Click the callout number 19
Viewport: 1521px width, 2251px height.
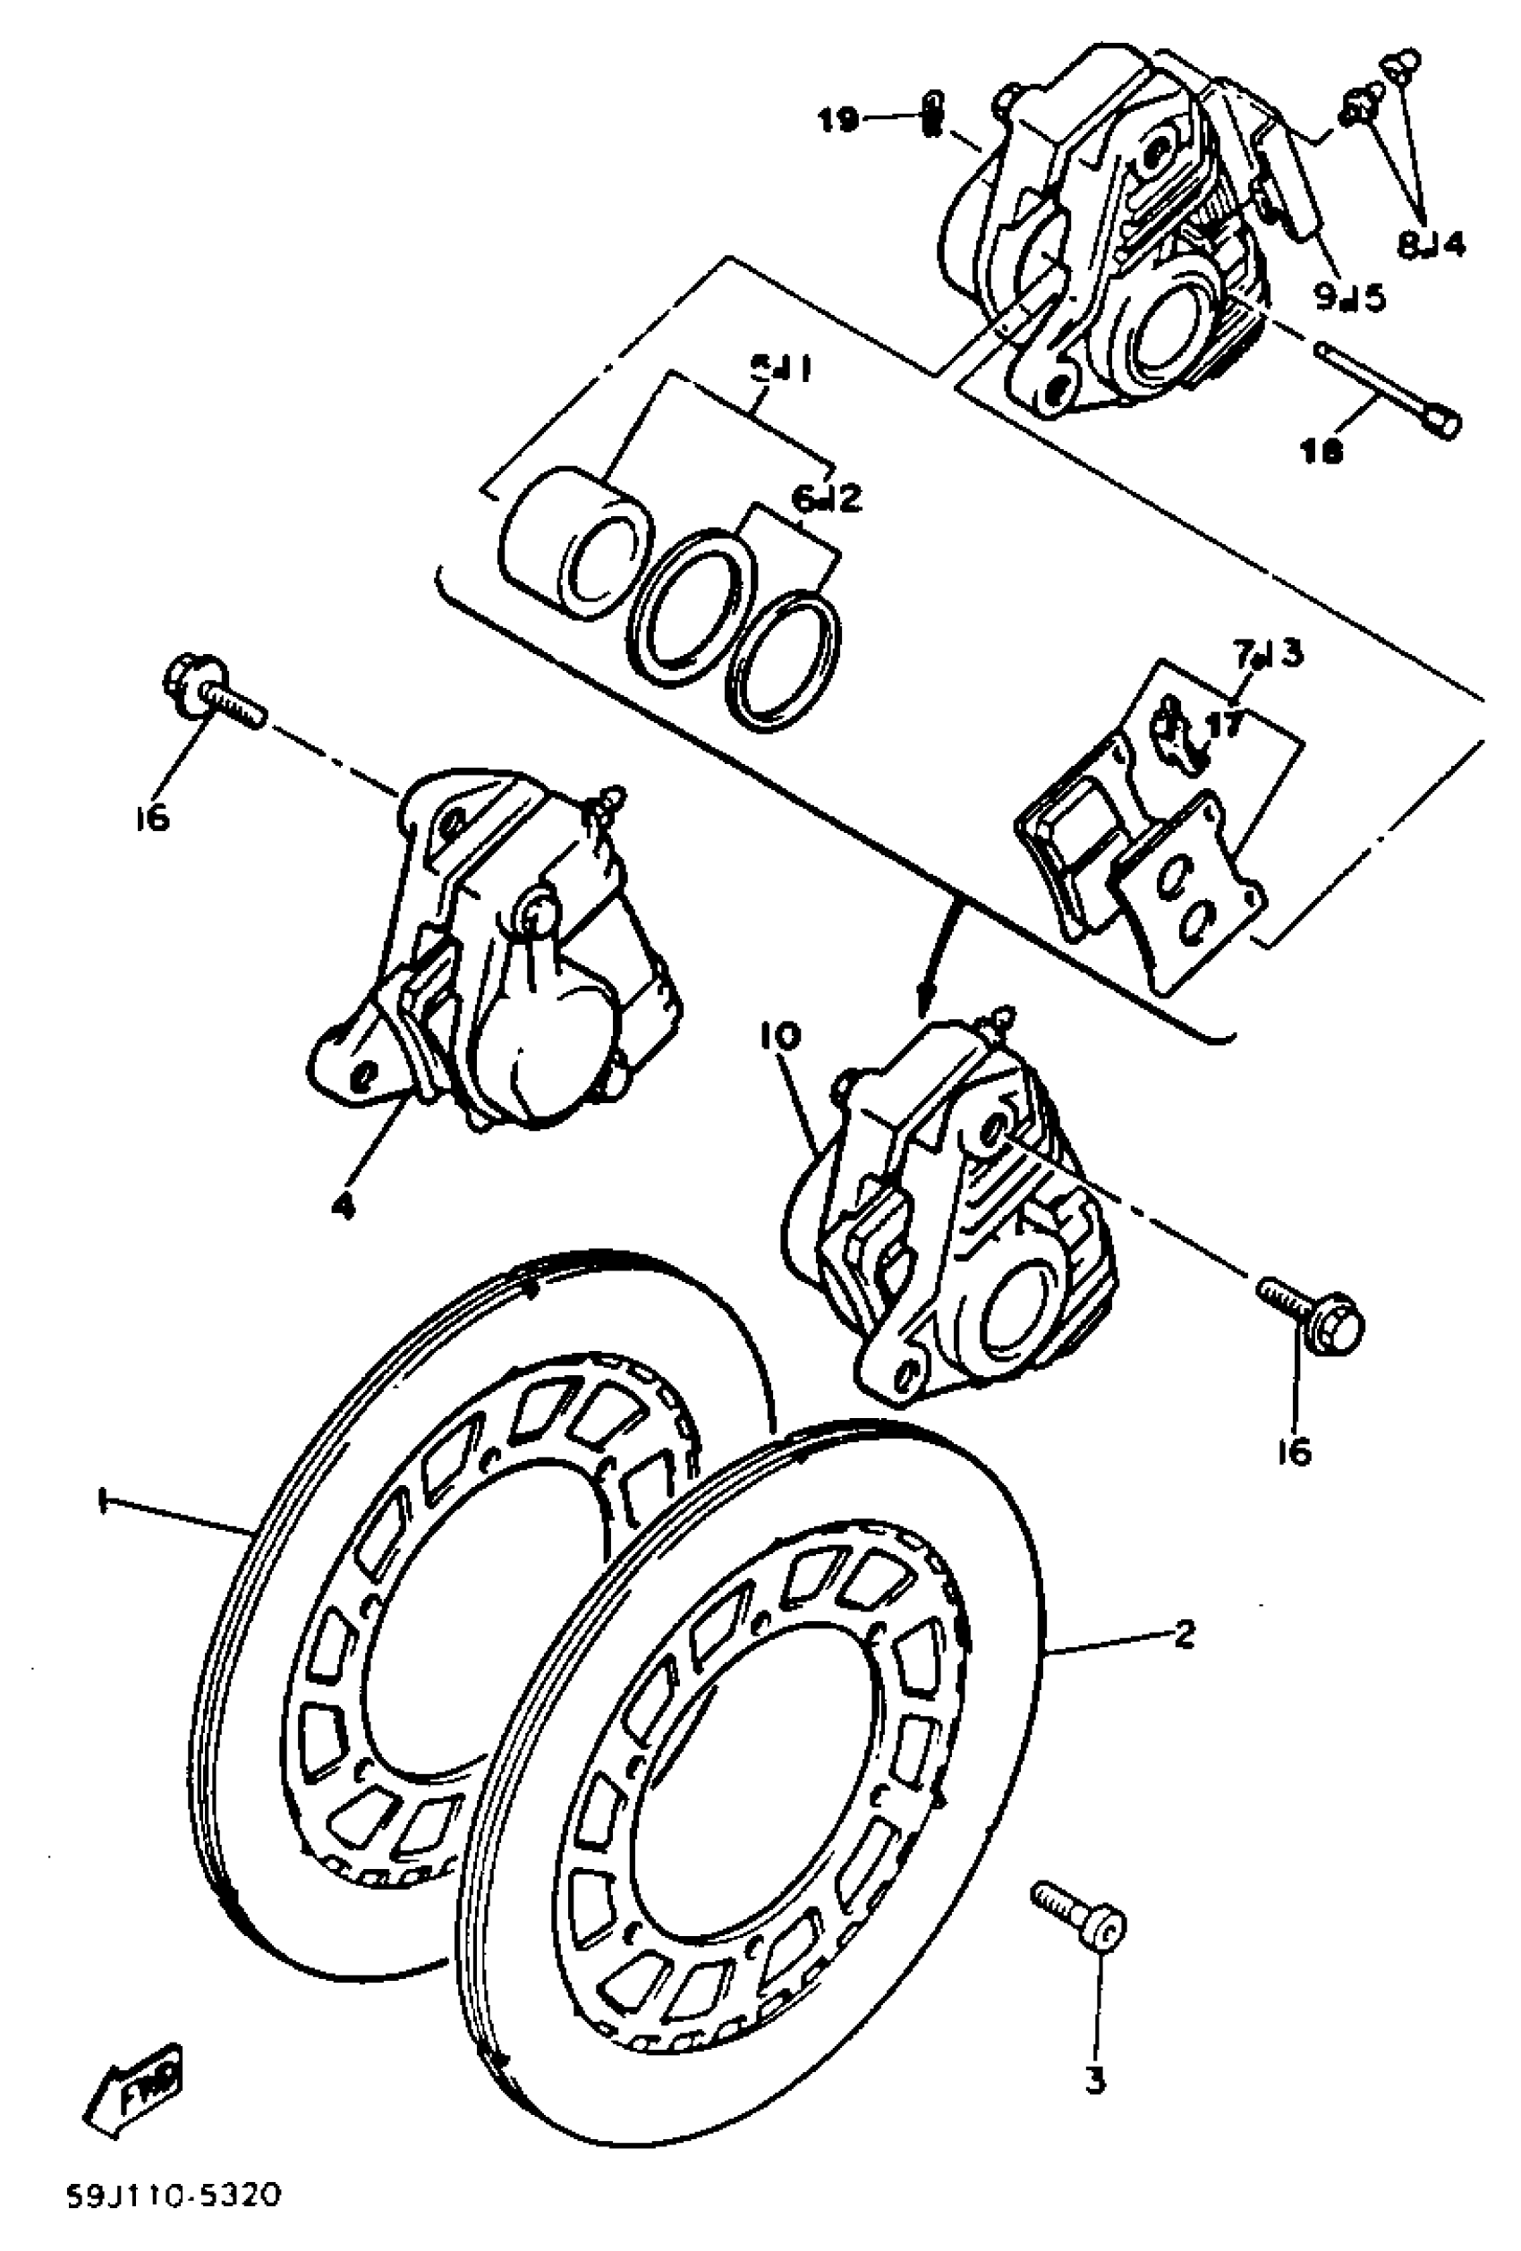point(837,121)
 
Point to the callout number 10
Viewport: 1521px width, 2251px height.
point(780,1037)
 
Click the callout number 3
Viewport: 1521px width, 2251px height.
point(1095,2080)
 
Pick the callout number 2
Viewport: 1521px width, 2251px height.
point(1183,1635)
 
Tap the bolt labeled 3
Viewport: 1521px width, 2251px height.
point(1077,1921)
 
